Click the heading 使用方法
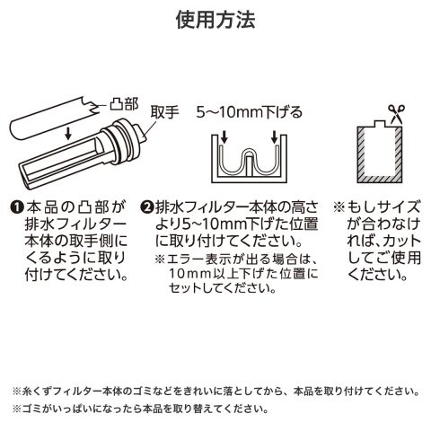(x=215, y=20)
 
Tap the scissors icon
(x=397, y=114)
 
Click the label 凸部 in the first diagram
(x=124, y=105)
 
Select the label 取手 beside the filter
(x=164, y=112)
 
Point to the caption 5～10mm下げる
(x=249, y=112)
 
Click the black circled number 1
(x=17, y=207)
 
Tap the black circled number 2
(x=147, y=207)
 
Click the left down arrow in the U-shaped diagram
(x=224, y=137)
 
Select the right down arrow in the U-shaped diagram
(x=274, y=137)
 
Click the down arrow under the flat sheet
(x=68, y=134)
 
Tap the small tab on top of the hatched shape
(x=380, y=123)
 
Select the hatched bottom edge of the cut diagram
(x=380, y=179)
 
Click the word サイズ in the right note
(x=400, y=207)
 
